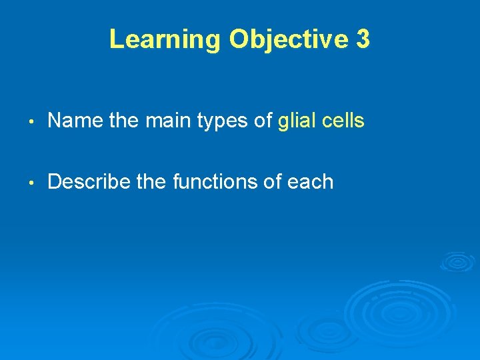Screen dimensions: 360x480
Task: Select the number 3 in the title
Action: pos(363,39)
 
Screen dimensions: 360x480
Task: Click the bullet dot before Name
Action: pos(32,121)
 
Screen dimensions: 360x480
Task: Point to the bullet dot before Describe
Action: pos(32,182)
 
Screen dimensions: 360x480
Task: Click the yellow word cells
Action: pos(343,121)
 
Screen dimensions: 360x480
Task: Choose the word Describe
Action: pos(89,182)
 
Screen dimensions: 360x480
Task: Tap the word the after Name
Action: pos(119,121)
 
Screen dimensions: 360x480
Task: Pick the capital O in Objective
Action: pos(239,39)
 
